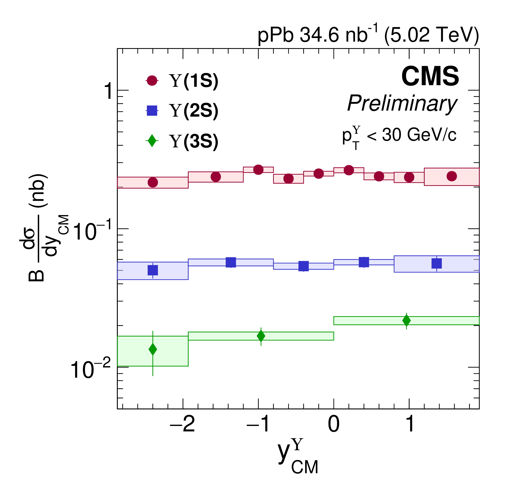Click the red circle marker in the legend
(x=152, y=80)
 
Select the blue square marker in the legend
(x=152, y=111)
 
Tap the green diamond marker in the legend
(x=152, y=141)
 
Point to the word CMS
(x=430, y=77)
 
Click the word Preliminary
(x=402, y=103)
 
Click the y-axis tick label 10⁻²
(x=90, y=370)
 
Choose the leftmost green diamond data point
(x=153, y=349)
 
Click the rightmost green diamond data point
(x=407, y=321)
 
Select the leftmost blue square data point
(x=153, y=270)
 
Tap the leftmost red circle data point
(x=153, y=182)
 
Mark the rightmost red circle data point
(x=452, y=176)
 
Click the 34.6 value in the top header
(x=319, y=35)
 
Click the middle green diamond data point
(x=261, y=336)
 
